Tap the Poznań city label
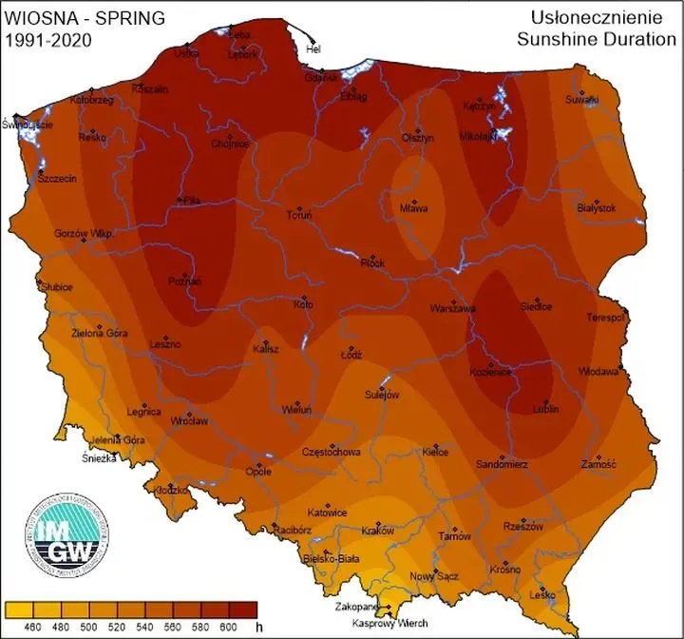(x=184, y=282)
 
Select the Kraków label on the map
(x=377, y=532)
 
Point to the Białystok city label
(x=597, y=207)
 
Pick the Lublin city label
(x=544, y=409)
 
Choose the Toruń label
(x=299, y=215)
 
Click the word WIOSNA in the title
(x=33, y=17)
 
